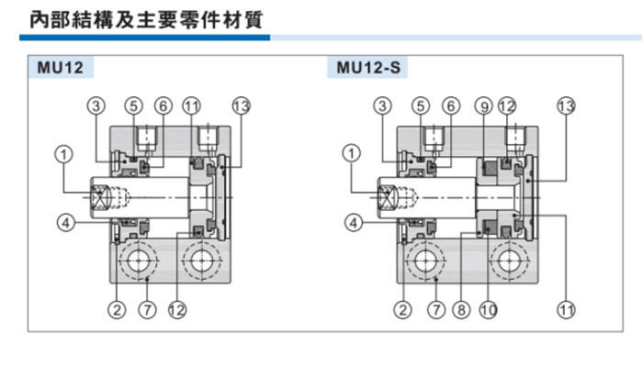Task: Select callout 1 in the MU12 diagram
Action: [x=62, y=154]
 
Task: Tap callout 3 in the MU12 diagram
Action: [x=98, y=106]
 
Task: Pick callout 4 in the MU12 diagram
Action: [x=62, y=220]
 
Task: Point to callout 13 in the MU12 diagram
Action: [x=242, y=106]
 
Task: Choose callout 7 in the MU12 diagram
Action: [x=146, y=310]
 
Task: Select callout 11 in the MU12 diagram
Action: [x=191, y=106]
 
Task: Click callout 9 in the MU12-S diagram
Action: [x=484, y=106]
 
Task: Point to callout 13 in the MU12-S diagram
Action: [x=565, y=106]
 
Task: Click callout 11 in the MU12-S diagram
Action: [x=565, y=310]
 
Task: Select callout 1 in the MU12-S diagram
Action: [x=350, y=154]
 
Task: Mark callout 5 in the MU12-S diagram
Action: [x=420, y=106]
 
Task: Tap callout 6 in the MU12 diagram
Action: [x=163, y=106]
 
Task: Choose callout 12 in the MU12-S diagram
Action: [x=508, y=106]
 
